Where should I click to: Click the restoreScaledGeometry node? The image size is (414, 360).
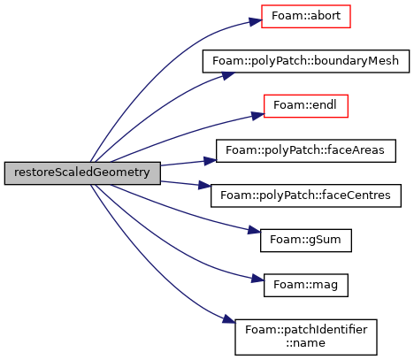82,173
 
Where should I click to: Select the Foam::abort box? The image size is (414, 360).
306,16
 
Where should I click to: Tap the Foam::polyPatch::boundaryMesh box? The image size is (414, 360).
306,61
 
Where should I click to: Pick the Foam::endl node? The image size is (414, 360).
306,106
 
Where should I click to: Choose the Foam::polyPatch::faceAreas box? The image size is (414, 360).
306,150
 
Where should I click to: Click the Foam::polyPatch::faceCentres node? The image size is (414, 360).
306,195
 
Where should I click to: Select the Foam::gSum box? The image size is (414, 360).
306,241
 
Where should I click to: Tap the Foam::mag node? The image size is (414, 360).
306,285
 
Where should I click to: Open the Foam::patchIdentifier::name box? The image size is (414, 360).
306,337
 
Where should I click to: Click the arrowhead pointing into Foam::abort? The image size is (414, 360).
256,21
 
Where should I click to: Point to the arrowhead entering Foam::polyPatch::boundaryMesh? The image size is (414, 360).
228,75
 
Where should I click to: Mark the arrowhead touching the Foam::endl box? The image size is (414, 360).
257,115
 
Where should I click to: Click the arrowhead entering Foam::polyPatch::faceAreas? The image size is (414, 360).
210,161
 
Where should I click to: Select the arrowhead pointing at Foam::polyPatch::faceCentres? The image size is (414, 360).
204,185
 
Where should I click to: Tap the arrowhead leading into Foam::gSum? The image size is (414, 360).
254,230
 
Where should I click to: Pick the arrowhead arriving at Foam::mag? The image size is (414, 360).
257,278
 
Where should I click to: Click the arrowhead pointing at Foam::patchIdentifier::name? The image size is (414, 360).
229,319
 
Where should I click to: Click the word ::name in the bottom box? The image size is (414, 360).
306,343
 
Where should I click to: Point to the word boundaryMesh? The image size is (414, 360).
356,61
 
